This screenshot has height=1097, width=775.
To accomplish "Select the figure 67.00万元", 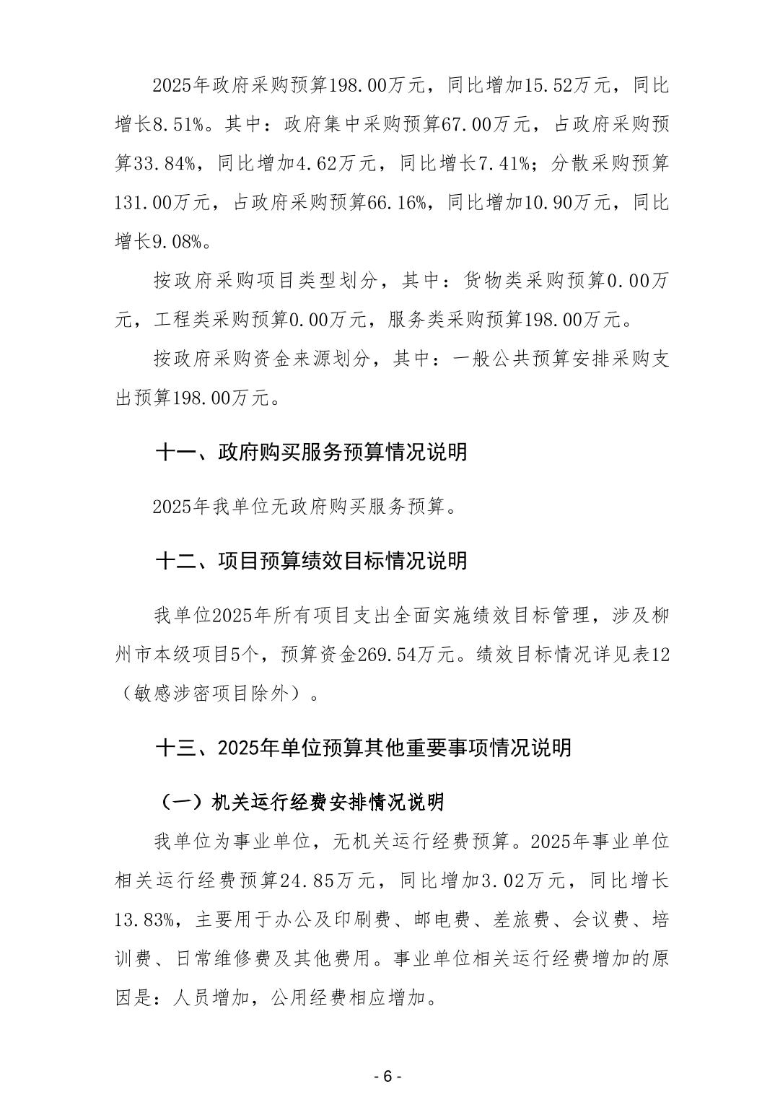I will [x=486, y=125].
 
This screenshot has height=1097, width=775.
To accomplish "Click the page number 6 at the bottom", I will [x=387, y=1076].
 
